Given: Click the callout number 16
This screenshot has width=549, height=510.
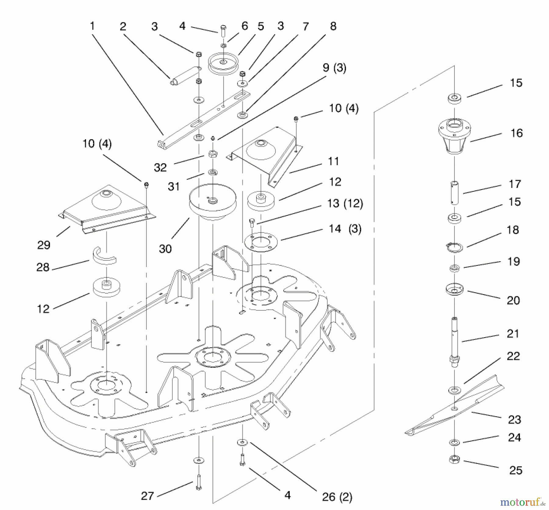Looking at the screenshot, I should pos(516,133).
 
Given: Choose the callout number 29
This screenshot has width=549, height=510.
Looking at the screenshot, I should pos(44,245).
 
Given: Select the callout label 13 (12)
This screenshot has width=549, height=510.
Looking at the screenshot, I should pos(345,203).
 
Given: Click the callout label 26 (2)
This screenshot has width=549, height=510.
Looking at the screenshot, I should pos(337,497).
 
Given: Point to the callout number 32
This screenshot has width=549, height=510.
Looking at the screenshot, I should pos(160,167).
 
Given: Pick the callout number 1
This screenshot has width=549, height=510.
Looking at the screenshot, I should pos(92,26).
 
